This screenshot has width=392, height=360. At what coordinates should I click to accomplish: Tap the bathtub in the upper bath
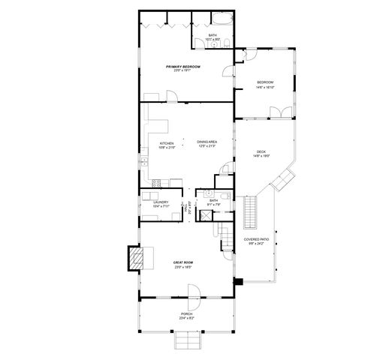pyautogui.click(x=223, y=19)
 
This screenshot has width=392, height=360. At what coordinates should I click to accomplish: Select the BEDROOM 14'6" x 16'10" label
pyautogui.click(x=265, y=84)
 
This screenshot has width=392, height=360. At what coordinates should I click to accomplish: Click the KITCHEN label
pyautogui.click(x=167, y=144)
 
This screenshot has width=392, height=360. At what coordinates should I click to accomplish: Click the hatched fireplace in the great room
pyautogui.click(x=135, y=259)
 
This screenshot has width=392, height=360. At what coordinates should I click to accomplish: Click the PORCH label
pyautogui.click(x=186, y=315)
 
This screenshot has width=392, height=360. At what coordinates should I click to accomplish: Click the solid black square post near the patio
pyautogui.click(x=237, y=282)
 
